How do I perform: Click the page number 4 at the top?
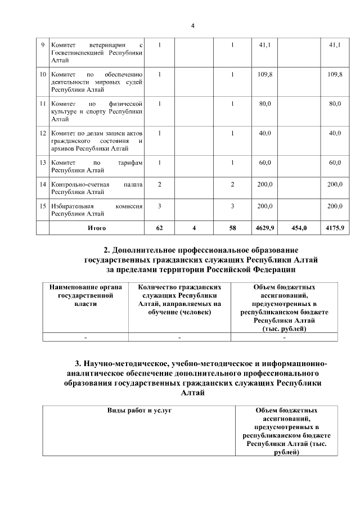point(192,26)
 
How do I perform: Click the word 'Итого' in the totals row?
point(97,228)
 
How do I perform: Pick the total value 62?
point(160,228)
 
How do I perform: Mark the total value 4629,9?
point(262,228)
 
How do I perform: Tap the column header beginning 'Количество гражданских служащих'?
point(179,299)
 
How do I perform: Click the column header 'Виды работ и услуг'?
point(139,411)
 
